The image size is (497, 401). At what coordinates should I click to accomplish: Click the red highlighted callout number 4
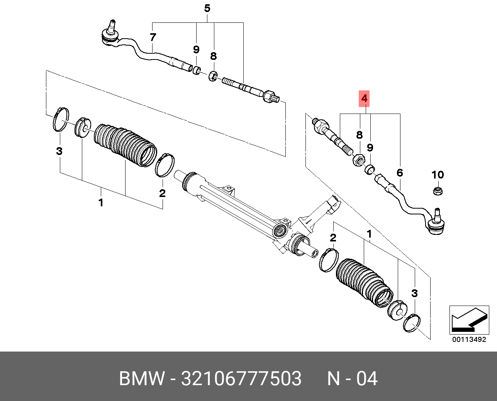[x=364, y=99]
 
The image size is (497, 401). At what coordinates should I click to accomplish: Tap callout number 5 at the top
[x=207, y=8]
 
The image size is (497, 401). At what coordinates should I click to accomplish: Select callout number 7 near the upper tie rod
[x=153, y=37]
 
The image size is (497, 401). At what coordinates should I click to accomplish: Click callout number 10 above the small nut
[x=438, y=175]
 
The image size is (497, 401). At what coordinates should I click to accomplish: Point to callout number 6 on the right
[x=400, y=173]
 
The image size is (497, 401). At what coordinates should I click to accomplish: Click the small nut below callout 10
[x=438, y=190]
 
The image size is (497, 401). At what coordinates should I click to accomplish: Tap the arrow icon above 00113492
[x=468, y=319]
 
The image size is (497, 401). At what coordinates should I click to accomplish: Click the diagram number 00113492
[x=469, y=340]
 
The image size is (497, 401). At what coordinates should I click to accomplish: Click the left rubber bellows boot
[x=126, y=145]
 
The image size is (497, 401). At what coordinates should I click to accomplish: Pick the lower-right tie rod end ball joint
[x=437, y=225]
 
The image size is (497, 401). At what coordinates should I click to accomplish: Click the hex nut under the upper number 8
[x=213, y=76]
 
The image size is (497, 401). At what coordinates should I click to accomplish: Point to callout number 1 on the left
[x=101, y=202]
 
